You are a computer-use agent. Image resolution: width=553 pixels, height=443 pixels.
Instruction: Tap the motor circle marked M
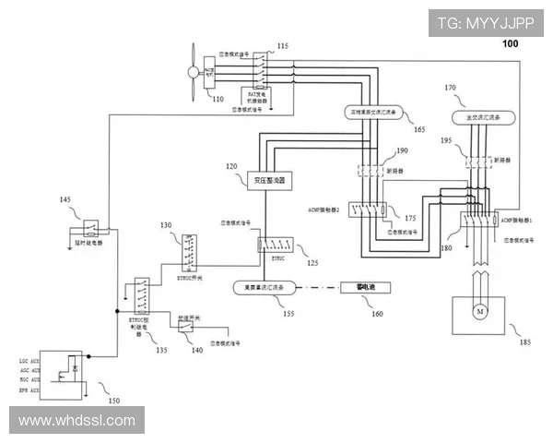[478, 312]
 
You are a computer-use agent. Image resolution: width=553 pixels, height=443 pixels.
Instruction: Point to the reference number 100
[510, 43]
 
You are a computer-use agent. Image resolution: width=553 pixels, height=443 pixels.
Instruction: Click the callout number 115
[282, 45]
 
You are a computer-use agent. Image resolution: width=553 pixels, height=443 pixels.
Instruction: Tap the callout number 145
[65, 199]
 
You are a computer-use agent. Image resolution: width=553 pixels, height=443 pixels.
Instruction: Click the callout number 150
[113, 401]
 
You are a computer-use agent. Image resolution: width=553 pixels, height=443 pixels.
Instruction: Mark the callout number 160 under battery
[376, 314]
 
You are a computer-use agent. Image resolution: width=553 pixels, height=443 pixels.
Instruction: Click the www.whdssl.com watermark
[77, 421]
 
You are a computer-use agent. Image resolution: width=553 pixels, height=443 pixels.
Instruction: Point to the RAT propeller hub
[192, 71]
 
